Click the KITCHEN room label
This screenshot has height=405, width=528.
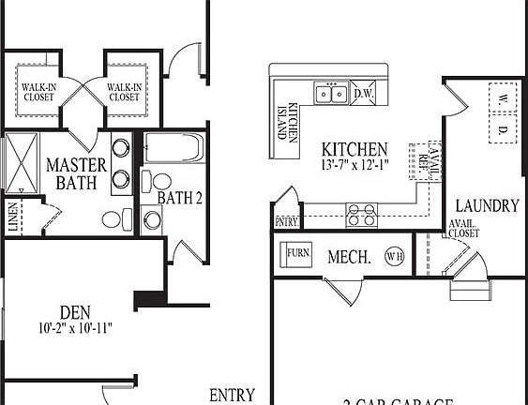click(x=354, y=149)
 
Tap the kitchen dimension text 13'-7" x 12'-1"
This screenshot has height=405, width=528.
click(x=354, y=165)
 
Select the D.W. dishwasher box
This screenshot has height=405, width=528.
click(x=365, y=93)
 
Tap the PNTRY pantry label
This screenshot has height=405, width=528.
click(x=285, y=222)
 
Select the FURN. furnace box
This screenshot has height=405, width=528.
click(x=298, y=253)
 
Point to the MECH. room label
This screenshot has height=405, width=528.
click(x=348, y=256)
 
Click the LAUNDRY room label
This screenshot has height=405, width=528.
click(x=487, y=205)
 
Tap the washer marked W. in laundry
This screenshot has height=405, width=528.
click(x=503, y=97)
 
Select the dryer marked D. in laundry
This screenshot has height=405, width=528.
click(x=503, y=128)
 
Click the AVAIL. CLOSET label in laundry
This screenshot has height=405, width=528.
click(x=463, y=228)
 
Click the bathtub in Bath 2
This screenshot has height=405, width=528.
click(x=174, y=147)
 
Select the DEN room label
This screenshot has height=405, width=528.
click(x=75, y=311)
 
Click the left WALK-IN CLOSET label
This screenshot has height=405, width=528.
click(x=39, y=92)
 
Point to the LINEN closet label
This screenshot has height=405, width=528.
click(x=12, y=217)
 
